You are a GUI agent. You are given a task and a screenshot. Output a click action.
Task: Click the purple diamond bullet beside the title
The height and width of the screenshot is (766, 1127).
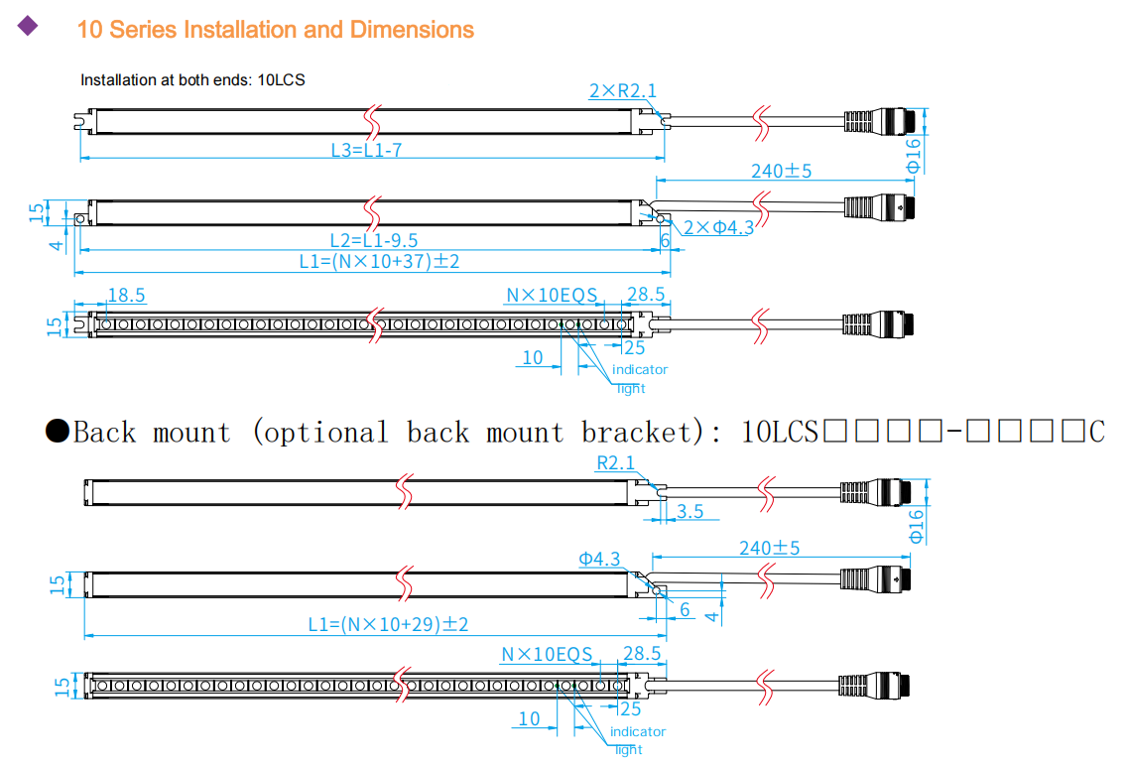28,27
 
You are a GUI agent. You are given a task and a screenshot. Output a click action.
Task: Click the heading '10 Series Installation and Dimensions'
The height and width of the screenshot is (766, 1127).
275,30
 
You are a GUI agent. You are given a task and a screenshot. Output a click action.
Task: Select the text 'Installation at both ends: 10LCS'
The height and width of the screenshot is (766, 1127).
192,79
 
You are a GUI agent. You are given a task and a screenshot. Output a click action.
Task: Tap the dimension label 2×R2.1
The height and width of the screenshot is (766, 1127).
622,91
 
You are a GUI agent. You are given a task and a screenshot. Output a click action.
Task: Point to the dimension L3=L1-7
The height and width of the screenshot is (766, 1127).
365,151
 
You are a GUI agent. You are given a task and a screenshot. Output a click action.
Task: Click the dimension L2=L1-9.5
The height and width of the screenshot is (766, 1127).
373,240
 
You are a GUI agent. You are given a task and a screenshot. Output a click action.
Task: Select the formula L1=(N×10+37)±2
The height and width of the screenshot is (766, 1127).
379,262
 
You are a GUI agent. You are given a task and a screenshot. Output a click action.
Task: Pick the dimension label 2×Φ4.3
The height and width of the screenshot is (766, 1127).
718,227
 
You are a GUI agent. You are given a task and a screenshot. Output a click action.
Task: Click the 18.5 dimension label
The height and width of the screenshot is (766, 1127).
126,295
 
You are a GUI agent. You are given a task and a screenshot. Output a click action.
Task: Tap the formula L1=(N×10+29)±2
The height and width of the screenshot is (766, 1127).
387,625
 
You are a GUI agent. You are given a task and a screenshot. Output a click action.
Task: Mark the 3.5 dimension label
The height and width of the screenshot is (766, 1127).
689,512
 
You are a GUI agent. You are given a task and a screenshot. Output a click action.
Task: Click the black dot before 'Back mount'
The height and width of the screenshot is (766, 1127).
58,432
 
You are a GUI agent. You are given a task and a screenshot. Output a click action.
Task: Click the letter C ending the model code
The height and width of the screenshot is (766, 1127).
1096,433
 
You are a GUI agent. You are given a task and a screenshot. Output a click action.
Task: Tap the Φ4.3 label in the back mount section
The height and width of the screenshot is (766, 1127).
599,560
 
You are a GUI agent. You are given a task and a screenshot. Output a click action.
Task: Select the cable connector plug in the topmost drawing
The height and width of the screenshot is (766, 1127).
878,121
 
